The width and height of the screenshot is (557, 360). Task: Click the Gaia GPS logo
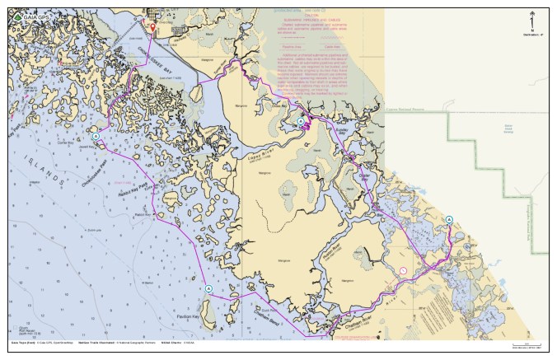(30, 16)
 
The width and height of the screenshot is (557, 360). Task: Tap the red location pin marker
(152, 27)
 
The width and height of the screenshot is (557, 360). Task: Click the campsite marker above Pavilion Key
(208, 288)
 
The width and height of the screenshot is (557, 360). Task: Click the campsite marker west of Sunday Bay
(301, 121)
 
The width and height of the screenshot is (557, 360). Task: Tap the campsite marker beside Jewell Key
(96, 136)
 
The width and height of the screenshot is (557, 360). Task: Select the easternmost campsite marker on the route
(449, 219)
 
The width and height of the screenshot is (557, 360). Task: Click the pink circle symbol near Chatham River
(404, 270)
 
